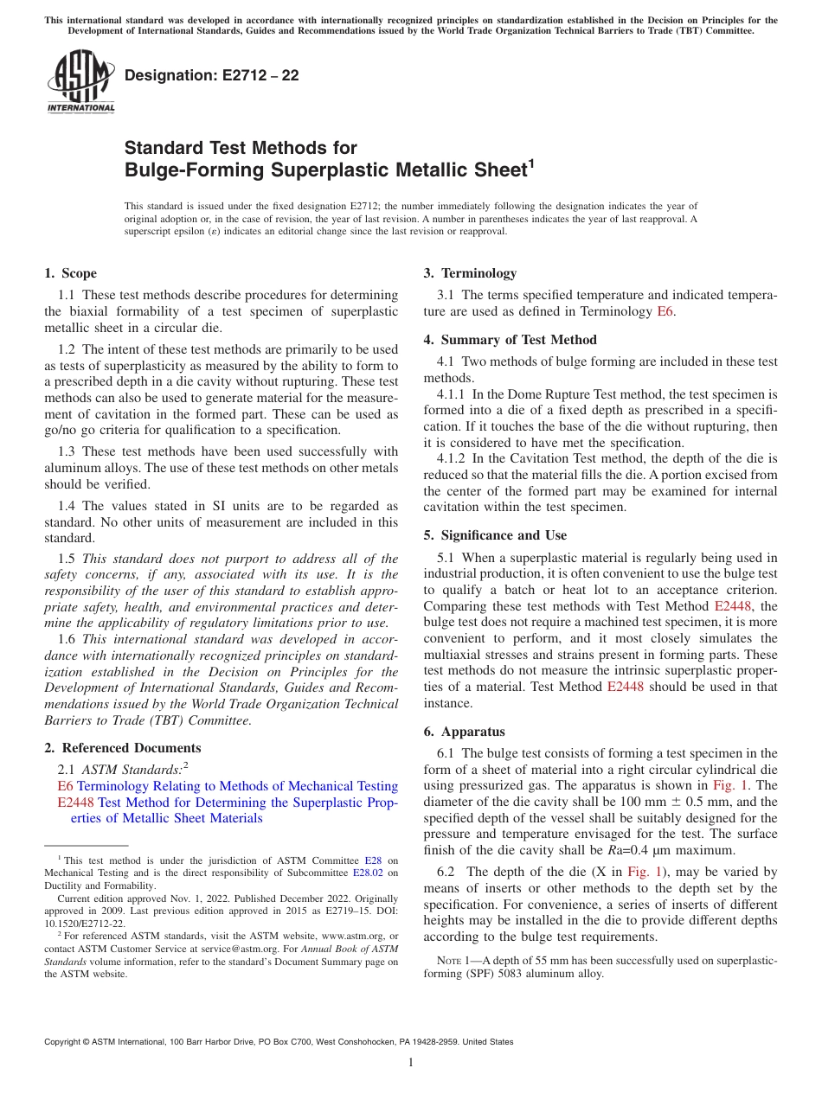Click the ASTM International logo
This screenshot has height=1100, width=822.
80,82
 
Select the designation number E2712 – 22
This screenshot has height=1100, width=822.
212,75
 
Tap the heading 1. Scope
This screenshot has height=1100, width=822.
70,273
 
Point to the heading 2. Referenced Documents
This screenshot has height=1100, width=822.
122,748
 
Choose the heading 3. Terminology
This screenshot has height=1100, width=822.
470,273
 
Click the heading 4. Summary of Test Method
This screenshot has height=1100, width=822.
510,340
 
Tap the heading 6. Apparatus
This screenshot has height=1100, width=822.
464,731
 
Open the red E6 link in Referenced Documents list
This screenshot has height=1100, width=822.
65,786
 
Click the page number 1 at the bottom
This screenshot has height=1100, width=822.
411,1063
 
